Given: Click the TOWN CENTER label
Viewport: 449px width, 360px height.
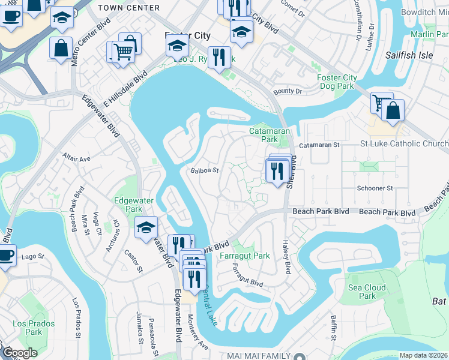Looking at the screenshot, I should click(x=128, y=8).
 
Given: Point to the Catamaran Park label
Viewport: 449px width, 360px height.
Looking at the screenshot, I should click(x=270, y=135).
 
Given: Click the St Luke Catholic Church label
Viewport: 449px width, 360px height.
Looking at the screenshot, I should click(x=404, y=144).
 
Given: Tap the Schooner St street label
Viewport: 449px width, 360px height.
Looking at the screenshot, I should click(x=375, y=188).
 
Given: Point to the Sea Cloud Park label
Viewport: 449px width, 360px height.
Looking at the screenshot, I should click(x=367, y=292).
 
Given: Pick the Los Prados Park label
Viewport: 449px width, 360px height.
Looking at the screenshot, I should click(x=33, y=328).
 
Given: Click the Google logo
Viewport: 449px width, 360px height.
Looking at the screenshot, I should click(x=20, y=353).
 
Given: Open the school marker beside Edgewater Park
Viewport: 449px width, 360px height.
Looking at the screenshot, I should click(x=146, y=228).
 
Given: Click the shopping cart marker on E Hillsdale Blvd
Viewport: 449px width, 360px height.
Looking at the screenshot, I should click(x=122, y=52).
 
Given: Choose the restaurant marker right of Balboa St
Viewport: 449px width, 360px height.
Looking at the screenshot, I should click(x=277, y=172).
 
